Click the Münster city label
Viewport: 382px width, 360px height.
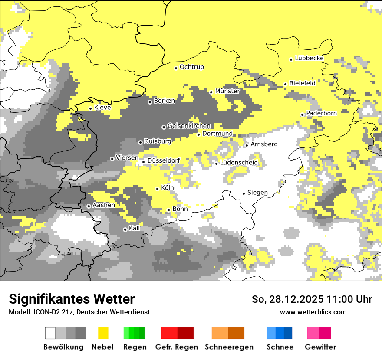[x=227, y=91]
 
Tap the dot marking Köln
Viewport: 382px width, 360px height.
[x=158, y=189]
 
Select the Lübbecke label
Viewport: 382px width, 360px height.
[x=309, y=58]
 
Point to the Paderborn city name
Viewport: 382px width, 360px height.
[x=322, y=113]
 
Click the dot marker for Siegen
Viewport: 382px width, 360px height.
[x=244, y=193]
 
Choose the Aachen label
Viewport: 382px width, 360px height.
[x=104, y=205]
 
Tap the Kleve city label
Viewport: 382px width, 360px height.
[x=102, y=107]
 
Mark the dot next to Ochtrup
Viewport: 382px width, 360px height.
[x=176, y=68]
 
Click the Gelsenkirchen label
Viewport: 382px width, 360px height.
[x=189, y=126]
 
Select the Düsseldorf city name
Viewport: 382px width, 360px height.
[x=164, y=160]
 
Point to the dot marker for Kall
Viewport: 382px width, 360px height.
[x=125, y=229]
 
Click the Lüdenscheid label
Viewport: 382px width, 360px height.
[x=239, y=162]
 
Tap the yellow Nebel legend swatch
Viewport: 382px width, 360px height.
[x=103, y=333]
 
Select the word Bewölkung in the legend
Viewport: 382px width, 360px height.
[x=63, y=347]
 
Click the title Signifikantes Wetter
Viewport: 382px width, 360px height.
[x=72, y=299]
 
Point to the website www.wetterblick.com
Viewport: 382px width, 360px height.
[x=313, y=312]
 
